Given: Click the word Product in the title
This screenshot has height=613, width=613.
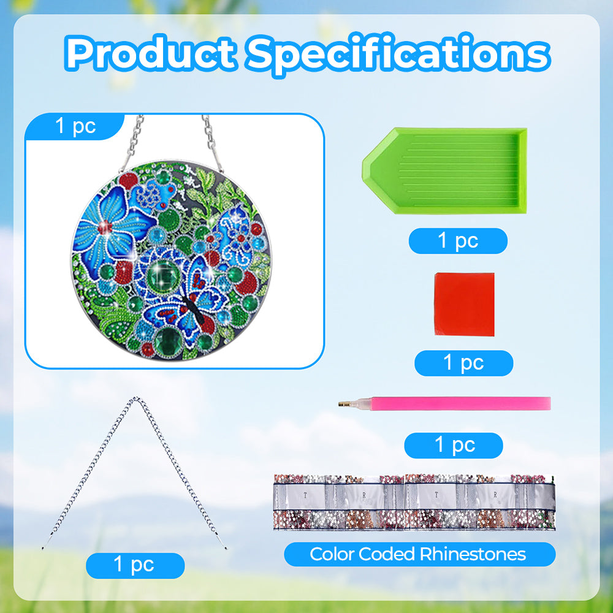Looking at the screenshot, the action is pos(151,53).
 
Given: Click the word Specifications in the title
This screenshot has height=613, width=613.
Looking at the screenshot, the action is pos(398,55).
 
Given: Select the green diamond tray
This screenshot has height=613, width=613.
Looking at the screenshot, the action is pos(444,171).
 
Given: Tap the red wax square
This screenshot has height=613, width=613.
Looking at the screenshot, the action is pos(464,304).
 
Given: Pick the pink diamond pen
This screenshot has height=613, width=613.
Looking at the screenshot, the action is pos(444,403).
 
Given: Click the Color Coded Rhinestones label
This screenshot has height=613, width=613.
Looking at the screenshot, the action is pos(419,554).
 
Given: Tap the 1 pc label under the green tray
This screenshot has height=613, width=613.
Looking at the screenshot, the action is pos(458,240).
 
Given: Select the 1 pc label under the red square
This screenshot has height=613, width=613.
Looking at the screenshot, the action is pos(463,363).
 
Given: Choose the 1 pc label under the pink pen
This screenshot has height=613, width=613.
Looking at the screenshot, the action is pos(454,445).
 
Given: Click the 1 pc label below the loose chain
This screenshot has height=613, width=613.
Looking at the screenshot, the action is pos(135,565).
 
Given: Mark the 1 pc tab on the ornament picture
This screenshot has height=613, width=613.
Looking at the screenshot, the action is pos(75,126).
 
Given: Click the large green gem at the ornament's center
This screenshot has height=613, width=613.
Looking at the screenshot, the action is pos(164,275).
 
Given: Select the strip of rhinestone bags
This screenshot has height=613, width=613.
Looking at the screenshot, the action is pos(414,502).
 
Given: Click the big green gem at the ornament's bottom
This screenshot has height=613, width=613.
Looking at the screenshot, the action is pos(169,341).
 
